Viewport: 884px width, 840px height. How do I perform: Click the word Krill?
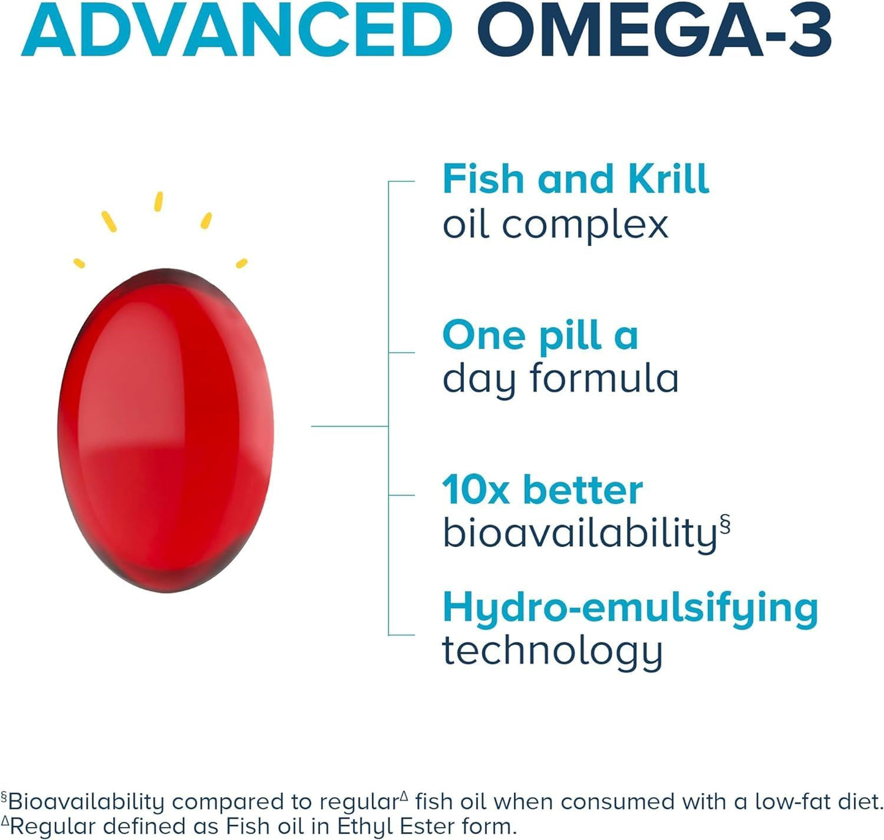pos(667,179)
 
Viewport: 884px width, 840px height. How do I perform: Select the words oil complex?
pos(555,225)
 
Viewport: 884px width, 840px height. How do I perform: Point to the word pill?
pos(570,336)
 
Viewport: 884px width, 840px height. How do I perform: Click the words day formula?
pos(560,379)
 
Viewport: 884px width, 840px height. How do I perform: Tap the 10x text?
pos(475,491)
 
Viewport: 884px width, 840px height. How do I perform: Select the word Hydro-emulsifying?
pos(630,608)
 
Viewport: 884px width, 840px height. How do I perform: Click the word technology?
pos(552,651)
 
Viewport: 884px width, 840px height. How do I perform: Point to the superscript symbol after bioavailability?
pos(725,525)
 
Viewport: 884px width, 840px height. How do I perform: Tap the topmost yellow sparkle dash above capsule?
pos(158,201)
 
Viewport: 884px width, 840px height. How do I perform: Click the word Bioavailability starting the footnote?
pos(86,801)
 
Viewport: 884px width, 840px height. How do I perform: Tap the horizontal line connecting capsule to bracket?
pos(349,426)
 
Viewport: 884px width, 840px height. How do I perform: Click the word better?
pos(582,491)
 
